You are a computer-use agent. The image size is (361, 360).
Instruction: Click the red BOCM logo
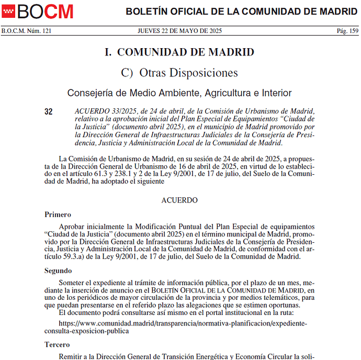click(38, 11)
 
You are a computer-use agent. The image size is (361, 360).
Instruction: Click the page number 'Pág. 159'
click(347, 31)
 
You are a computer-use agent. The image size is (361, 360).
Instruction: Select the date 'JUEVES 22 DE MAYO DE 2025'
click(180, 31)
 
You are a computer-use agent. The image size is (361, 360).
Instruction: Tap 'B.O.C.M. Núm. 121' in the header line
click(27, 31)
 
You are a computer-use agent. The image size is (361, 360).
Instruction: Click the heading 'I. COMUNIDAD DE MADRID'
click(179, 52)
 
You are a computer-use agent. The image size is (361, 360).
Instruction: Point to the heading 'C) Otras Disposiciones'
click(179, 73)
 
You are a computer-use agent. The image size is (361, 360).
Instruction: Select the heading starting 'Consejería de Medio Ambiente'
click(179, 93)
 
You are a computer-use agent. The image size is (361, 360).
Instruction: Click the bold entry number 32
click(49, 111)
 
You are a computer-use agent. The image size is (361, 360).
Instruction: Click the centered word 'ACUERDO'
click(179, 200)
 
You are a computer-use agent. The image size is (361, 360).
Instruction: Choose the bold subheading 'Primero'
click(58, 215)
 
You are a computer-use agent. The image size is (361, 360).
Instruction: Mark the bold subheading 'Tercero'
click(57, 345)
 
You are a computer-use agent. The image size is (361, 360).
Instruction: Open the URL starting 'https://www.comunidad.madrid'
click(183, 323)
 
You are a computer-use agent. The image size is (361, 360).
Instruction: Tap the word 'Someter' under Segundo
click(72, 283)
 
